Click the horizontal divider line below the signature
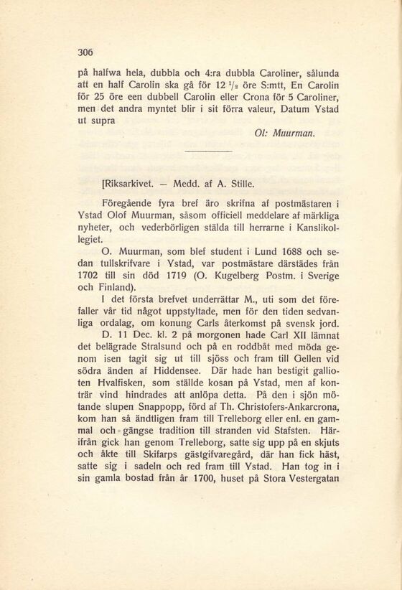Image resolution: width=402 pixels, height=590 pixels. point(207,151)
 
